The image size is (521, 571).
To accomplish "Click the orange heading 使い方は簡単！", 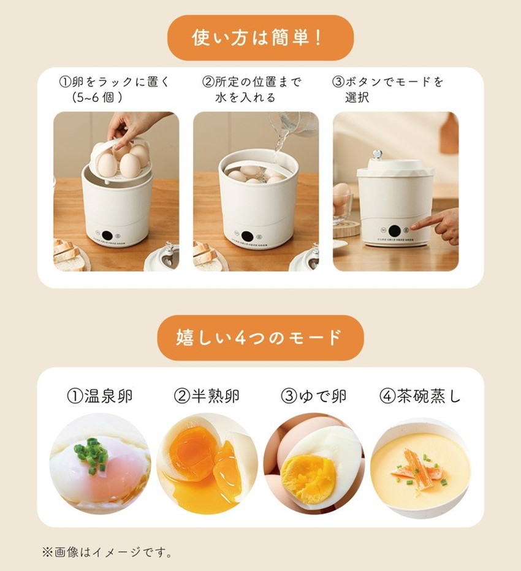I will coord(260,38).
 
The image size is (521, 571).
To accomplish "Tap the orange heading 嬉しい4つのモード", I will coord(260,337).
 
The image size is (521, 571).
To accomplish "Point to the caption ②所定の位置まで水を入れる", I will coord(251,90).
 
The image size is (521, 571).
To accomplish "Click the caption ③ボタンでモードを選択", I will coord(387,90).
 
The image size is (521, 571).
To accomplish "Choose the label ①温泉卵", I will coord(99,396).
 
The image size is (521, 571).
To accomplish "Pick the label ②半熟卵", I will coord(207,396).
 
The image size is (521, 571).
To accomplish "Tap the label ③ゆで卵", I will coord(314,396).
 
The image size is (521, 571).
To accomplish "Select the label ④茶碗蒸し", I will coord(420,396).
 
